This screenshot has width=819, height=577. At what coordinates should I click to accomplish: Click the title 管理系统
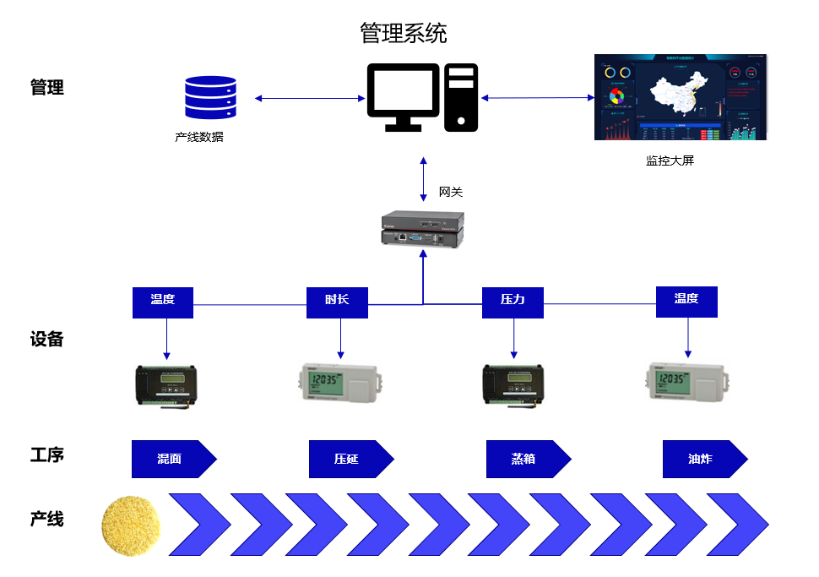pyautogui.click(x=404, y=34)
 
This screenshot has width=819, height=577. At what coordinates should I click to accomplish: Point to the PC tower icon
pyautogui.click(x=462, y=97)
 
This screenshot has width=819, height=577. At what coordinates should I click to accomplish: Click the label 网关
pyautogui.click(x=451, y=192)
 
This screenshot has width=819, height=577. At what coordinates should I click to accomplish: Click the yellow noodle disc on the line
pyautogui.click(x=130, y=525)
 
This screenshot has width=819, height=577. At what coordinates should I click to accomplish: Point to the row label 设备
pyautogui.click(x=47, y=340)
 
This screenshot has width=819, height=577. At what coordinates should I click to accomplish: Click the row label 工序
pyautogui.click(x=47, y=455)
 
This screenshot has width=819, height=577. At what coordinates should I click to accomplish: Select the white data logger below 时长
pyautogui.click(x=340, y=382)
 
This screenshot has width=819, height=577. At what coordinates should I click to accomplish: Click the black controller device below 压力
pyautogui.click(x=512, y=385)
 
